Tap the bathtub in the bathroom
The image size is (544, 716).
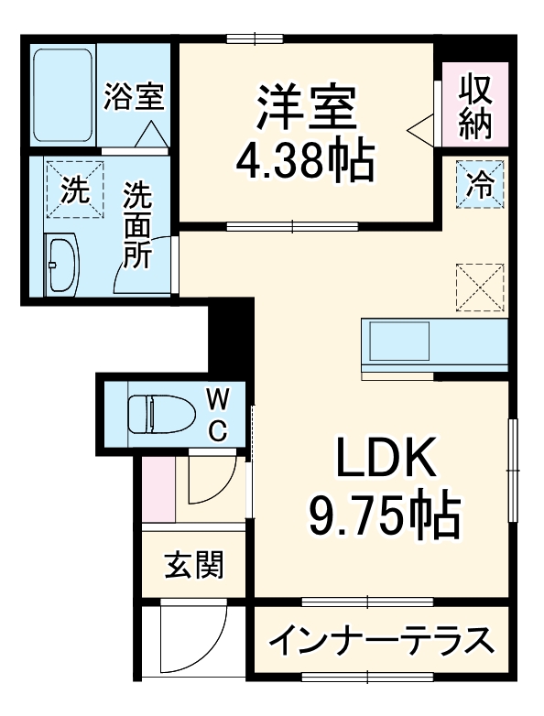pyautogui.click(x=61, y=94)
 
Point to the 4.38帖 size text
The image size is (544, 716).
pyautogui.click(x=305, y=162)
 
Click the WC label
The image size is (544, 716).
pyautogui.click(x=219, y=414)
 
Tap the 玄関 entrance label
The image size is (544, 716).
pyautogui.click(x=194, y=565)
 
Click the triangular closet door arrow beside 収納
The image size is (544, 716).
pyautogui.click(x=423, y=128)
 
